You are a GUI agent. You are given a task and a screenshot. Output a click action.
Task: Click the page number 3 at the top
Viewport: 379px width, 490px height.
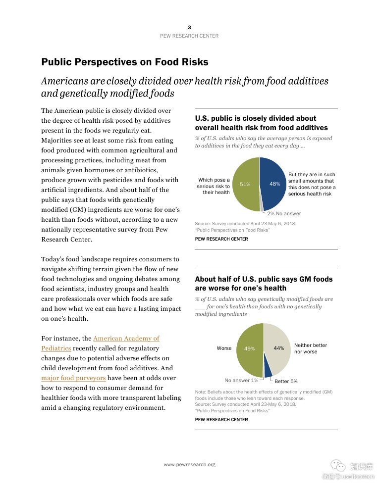(189, 27)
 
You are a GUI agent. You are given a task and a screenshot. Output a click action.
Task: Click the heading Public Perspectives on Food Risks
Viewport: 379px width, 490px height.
(125, 62)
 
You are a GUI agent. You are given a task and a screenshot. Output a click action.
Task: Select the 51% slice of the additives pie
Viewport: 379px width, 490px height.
(245, 184)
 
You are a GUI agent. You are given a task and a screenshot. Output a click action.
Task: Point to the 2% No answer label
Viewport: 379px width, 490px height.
(284, 213)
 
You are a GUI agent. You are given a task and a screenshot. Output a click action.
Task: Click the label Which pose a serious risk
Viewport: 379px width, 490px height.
(214, 186)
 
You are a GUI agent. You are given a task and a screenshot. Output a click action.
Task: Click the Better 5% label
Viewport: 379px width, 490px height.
(286, 381)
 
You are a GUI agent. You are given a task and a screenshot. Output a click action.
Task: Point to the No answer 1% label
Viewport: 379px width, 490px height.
(241, 380)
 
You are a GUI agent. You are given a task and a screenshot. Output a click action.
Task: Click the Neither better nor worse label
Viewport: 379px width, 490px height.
(311, 348)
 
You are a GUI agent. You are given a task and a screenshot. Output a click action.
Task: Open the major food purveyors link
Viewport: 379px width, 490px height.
(73, 378)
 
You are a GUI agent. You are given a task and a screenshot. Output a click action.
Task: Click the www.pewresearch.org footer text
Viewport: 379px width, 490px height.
(189, 464)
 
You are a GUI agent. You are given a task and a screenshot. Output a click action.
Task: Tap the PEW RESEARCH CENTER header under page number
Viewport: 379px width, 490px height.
(189, 36)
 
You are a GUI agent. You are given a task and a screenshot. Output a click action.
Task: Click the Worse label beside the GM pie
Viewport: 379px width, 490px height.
(224, 348)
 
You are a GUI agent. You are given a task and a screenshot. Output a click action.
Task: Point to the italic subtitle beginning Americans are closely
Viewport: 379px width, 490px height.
(185, 87)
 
